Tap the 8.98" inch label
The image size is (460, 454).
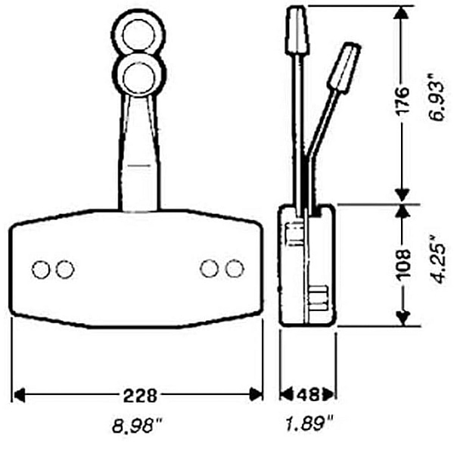click(137, 426)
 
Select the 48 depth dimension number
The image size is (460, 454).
click(308, 394)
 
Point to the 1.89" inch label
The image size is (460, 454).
click(309, 423)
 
